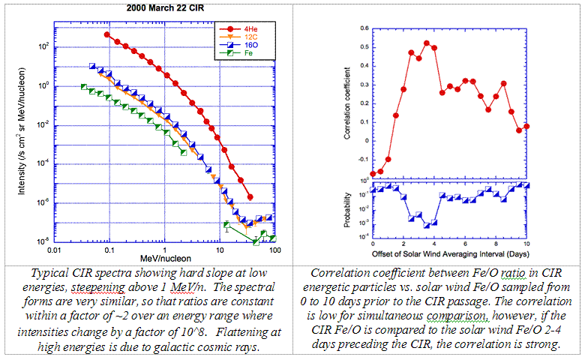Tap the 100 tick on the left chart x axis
pyautogui.click(x=274, y=249)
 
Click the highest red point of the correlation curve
pyautogui.click(x=426, y=43)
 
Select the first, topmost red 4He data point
pyautogui.click(x=107, y=34)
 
